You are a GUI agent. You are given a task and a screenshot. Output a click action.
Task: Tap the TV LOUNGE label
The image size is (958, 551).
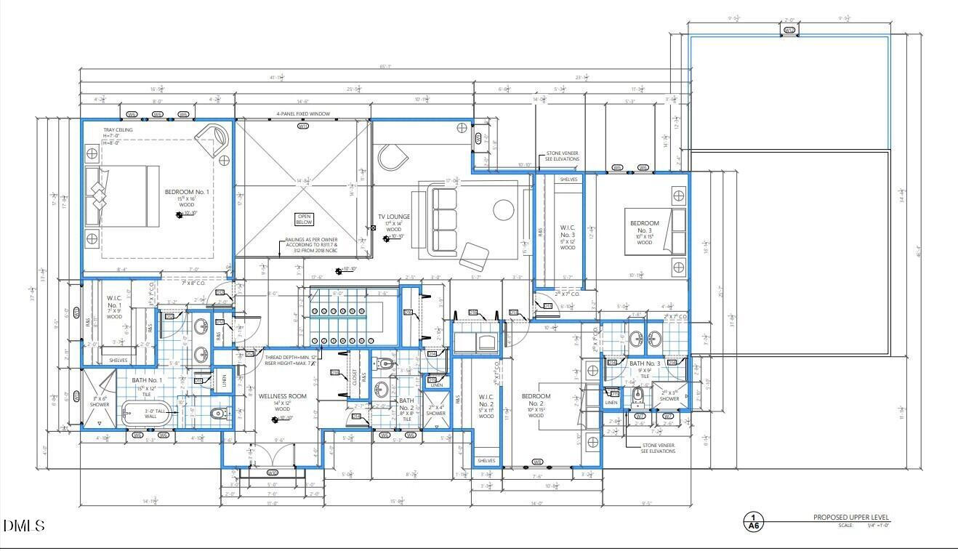[393, 217]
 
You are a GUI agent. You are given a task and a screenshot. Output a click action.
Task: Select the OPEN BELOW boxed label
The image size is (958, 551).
[304, 219]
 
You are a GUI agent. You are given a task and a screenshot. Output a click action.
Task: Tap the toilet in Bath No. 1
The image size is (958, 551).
[216, 414]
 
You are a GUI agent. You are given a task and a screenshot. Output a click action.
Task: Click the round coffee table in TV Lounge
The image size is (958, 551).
[504, 210]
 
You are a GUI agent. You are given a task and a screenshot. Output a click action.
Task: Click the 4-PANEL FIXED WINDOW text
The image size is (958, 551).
[303, 114]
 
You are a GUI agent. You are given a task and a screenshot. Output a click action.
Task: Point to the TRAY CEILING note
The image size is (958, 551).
[118, 130]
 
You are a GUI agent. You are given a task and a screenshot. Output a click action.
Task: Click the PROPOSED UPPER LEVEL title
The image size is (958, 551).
[850, 518]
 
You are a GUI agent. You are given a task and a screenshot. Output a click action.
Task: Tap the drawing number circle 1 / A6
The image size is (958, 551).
[753, 522]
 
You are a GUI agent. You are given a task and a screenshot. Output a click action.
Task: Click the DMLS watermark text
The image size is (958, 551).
[24, 526]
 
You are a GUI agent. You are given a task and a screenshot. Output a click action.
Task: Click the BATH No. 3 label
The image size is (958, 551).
[645, 363]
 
